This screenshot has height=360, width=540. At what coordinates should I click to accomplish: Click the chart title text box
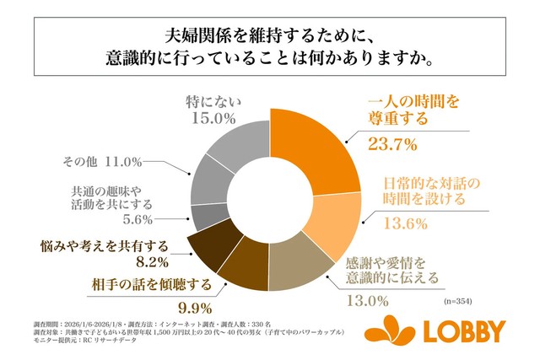(x=269, y=46)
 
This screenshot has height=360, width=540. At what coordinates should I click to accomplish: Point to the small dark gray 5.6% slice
(x=202, y=217)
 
